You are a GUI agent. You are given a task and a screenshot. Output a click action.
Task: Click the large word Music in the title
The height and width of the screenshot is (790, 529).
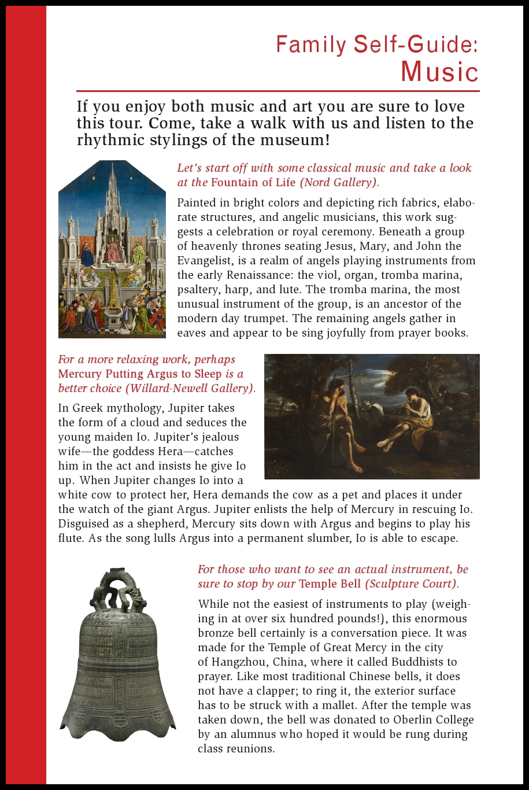click(439, 71)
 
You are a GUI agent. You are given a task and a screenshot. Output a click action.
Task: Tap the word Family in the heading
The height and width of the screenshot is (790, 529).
click(310, 45)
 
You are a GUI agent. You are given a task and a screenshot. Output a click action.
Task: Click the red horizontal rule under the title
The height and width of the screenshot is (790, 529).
click(278, 91)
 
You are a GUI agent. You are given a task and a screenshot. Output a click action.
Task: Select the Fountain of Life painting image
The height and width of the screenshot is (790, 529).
click(112, 249)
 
